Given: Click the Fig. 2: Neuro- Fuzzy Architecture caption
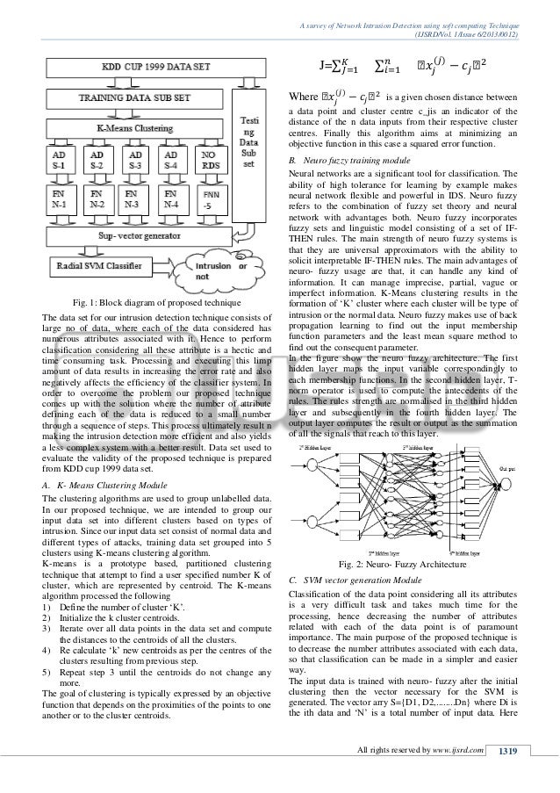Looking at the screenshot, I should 412,563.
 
